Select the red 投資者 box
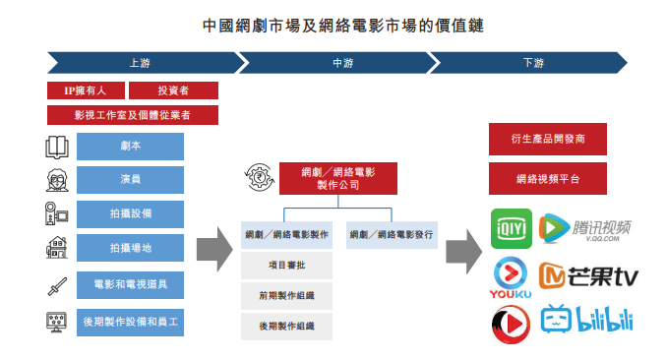pos(173,90)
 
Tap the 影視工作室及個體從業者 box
pos(132,115)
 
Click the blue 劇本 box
pos(130,148)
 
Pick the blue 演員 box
pos(130,180)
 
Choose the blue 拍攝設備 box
pos(130,213)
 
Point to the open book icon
pos(57,148)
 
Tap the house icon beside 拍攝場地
pos(56,248)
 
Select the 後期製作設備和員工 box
pos(130,322)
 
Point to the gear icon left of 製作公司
pos(254,177)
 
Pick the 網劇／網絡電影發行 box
pos(390,236)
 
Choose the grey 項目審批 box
pos(286,266)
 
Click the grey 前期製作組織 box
pos(286,296)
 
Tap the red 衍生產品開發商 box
pos(547,139)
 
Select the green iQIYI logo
pos(511,228)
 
